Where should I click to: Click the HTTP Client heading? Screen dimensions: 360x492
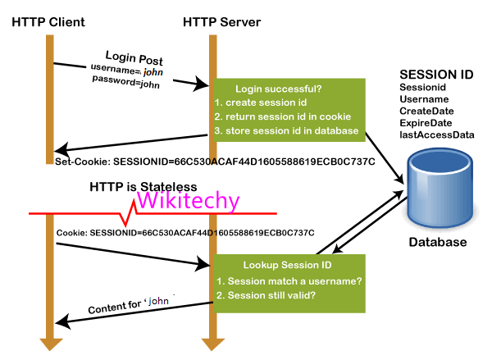pyautogui.click(x=48, y=21)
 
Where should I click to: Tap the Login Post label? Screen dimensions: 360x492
pyautogui.click(x=134, y=60)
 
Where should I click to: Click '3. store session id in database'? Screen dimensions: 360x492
pyautogui.click(x=286, y=131)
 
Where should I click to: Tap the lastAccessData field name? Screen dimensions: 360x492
pyautogui.click(x=437, y=134)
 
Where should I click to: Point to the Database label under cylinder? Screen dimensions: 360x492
pyautogui.click(x=439, y=242)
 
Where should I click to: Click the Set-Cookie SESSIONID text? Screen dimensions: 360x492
pyautogui.click(x=215, y=162)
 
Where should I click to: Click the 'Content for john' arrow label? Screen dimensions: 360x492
pyautogui.click(x=132, y=304)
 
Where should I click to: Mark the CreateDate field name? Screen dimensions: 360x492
pyautogui.click(x=426, y=111)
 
